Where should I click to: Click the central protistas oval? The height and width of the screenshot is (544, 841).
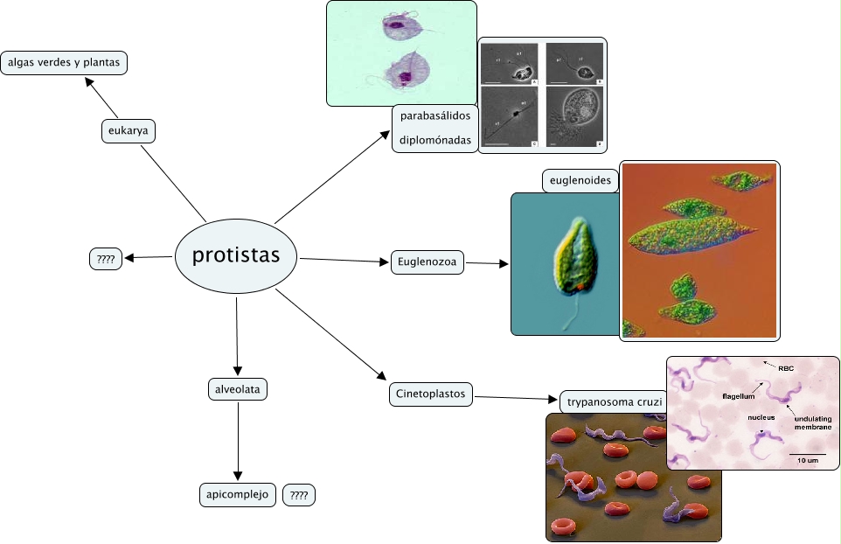point(236,255)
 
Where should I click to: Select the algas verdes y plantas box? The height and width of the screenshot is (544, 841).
point(64,63)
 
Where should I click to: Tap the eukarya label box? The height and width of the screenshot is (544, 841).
point(128,131)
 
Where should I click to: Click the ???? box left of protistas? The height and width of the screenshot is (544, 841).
point(106,259)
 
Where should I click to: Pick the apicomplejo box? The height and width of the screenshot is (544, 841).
point(238,495)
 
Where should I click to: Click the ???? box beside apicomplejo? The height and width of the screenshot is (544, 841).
point(299,496)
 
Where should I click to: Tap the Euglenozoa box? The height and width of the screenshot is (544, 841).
point(427,262)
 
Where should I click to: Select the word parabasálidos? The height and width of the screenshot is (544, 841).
point(435,116)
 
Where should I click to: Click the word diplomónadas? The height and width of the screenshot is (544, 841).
point(435,140)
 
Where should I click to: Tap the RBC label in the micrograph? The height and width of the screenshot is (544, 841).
point(786,368)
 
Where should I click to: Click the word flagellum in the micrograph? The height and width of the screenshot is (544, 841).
point(739,396)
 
